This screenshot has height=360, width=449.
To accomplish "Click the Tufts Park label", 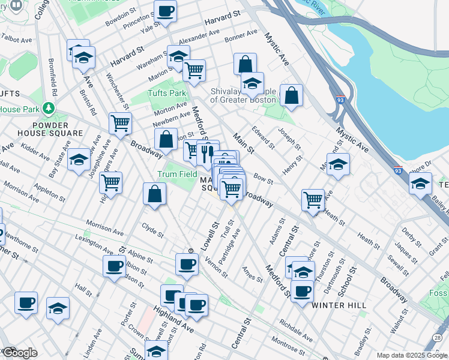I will (167, 93).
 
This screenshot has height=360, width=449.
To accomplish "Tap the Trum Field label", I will (177, 174).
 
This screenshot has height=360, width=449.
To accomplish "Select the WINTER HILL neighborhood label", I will (339, 305).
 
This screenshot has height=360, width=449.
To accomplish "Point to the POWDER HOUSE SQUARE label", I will (41, 128).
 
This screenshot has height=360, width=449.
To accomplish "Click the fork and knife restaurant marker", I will (208, 152).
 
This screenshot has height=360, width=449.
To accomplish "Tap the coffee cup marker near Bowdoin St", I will (165, 10).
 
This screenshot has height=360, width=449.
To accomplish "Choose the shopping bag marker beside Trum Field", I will (154, 194).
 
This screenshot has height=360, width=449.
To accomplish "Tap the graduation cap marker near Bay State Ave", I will (79, 160).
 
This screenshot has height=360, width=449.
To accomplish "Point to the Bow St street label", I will (263, 178).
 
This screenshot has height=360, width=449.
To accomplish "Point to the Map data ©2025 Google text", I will (411, 355).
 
